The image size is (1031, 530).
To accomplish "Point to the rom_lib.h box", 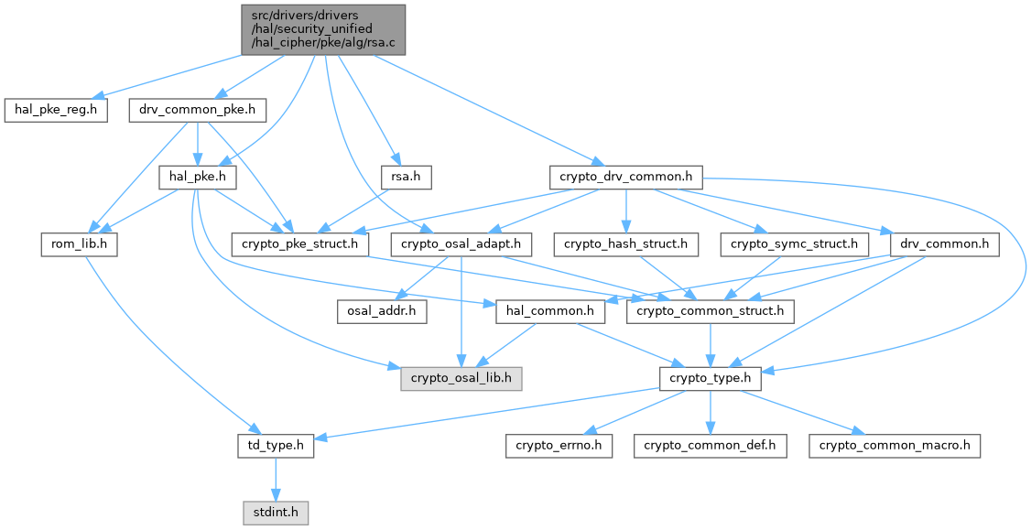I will [79, 244].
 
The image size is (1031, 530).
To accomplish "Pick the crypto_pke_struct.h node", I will [300, 244].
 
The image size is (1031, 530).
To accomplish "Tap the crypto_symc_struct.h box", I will [793, 244].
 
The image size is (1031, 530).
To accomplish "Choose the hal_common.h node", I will [550, 311].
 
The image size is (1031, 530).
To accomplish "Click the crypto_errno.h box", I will [558, 446].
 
